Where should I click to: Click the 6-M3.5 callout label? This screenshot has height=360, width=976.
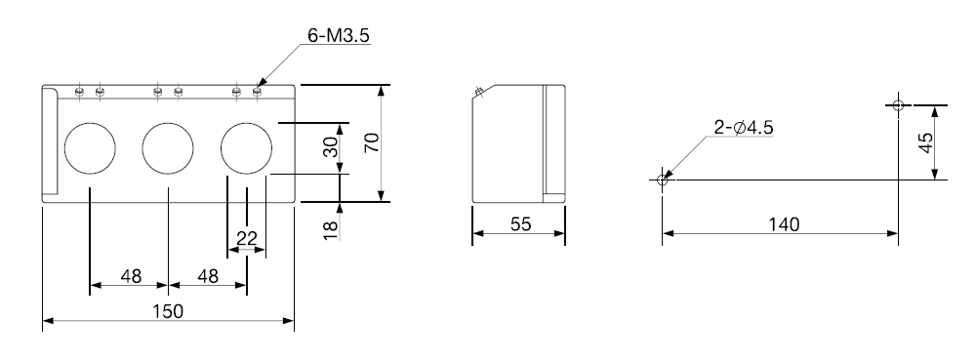click(x=339, y=35)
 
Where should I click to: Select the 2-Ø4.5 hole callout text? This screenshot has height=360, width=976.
click(x=743, y=128)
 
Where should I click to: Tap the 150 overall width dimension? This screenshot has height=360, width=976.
click(x=168, y=311)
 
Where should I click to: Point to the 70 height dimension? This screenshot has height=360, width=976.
click(x=372, y=143)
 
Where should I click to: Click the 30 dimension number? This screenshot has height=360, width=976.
click(x=332, y=146)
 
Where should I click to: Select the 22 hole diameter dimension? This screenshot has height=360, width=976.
click(x=247, y=237)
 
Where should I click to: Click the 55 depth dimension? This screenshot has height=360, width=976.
click(x=521, y=223)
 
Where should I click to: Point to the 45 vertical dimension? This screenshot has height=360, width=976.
click(x=925, y=143)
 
